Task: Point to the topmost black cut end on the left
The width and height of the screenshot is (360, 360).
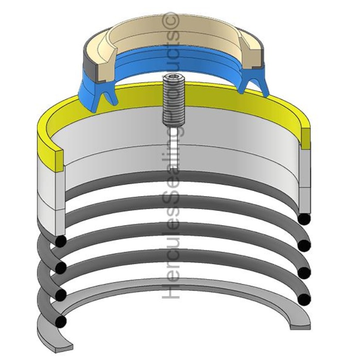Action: point(61,241)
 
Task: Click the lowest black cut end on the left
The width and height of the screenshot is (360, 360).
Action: point(61,321)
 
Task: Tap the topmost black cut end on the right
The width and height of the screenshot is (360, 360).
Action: point(304,219)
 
